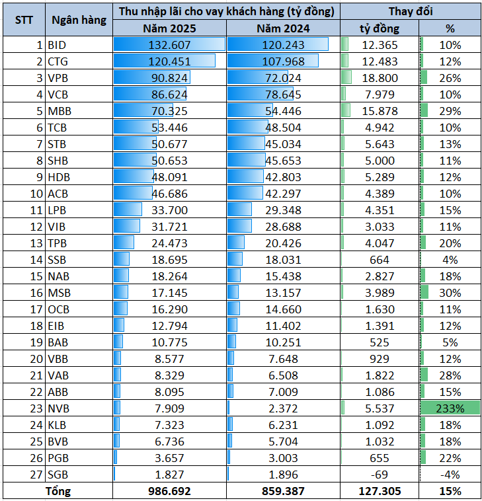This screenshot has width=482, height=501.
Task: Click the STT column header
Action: [x=24, y=19]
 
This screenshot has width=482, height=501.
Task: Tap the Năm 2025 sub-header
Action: [x=169, y=28]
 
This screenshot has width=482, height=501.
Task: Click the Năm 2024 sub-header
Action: [x=282, y=28]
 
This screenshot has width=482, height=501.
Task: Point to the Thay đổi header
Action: [x=410, y=11]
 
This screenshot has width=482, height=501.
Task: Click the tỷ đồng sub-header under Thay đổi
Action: [x=379, y=28]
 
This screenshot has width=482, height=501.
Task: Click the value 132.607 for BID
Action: [x=170, y=45]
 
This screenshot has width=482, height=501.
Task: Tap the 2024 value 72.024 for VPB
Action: [x=283, y=78]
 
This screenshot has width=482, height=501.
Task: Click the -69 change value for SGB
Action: [x=379, y=474]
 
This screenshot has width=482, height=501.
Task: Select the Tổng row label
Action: [x=58, y=490]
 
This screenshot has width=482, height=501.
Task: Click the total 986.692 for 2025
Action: [x=170, y=490]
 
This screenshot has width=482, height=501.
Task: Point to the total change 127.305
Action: [x=379, y=490]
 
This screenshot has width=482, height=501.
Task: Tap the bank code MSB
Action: [x=58, y=292]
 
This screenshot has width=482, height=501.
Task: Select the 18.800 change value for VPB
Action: [x=379, y=78]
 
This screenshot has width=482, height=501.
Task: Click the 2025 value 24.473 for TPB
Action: [x=170, y=243]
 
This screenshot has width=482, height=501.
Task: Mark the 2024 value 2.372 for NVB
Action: [x=283, y=408]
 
